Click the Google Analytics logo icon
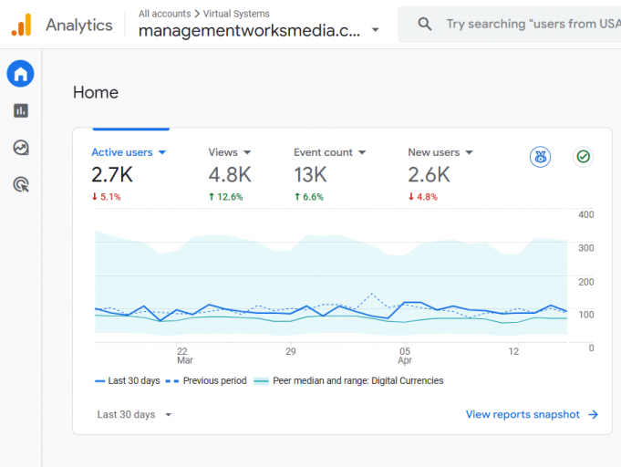coord(21,25)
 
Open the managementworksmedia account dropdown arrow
coord(376,30)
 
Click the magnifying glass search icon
coord(425,25)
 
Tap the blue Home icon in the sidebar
coord(20,74)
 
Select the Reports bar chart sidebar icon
coord(20,110)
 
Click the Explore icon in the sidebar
coord(20,148)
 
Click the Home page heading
coord(96,92)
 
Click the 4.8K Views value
coord(230,174)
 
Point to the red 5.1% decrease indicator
coord(106,196)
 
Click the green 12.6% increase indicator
coord(225,196)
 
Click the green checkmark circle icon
coord(583,157)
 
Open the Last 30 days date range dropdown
coord(134,414)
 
